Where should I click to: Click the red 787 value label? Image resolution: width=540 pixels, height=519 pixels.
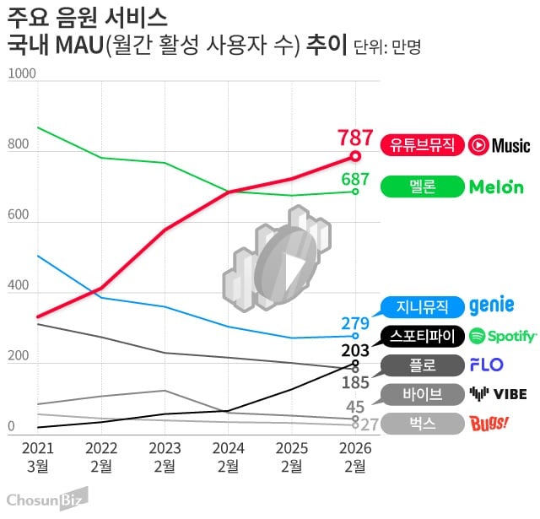point(355,137)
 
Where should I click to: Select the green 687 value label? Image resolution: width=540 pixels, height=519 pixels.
point(355,179)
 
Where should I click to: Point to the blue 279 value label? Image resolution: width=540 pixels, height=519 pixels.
point(355,323)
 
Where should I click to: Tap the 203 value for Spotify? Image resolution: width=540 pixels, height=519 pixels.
point(355,349)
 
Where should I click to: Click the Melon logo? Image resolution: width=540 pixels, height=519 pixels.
point(496,187)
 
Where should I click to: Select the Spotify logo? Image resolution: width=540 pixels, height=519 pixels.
point(503,336)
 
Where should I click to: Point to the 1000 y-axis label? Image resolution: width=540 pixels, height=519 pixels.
point(21,74)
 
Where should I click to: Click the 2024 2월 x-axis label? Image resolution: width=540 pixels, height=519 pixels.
point(229,456)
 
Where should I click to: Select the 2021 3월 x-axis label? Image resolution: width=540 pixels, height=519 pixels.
point(38,456)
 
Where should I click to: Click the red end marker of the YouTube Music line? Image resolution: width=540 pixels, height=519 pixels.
point(355,156)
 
